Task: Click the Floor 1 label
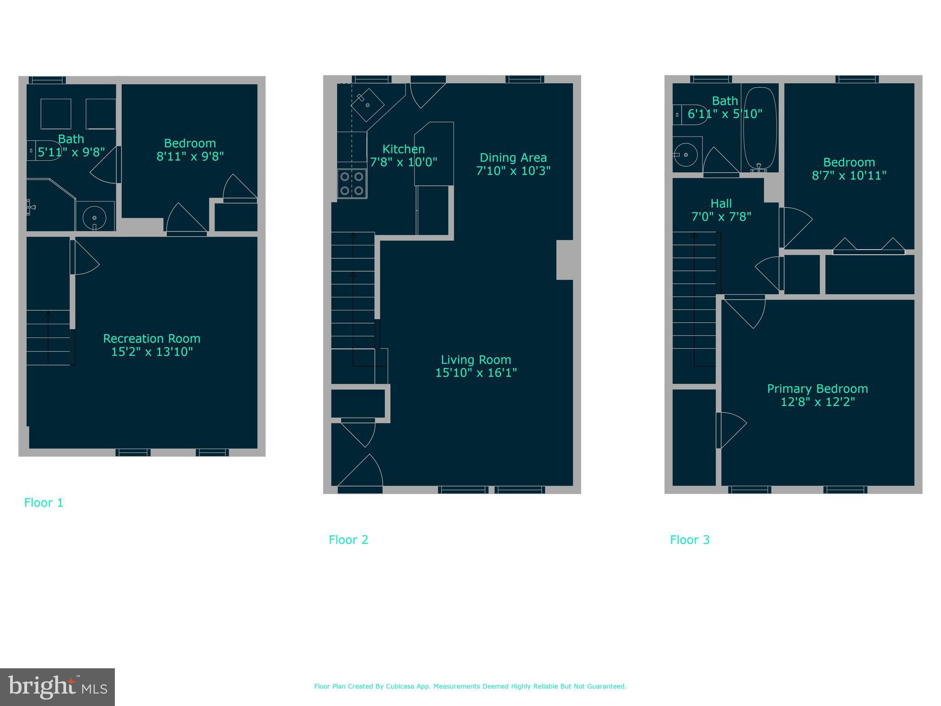tap(44, 502)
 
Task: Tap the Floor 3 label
tap(690, 540)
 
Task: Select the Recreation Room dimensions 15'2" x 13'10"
tap(152, 352)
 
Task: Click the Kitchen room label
tap(403, 149)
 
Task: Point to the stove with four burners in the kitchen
tap(352, 184)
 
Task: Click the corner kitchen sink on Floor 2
tap(368, 105)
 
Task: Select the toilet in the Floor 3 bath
tap(689, 114)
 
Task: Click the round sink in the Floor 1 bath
tap(94, 217)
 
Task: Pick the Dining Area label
tap(513, 158)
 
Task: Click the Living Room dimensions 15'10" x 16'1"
tap(476, 372)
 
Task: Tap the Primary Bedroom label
tap(817, 389)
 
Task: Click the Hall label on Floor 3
tap(721, 203)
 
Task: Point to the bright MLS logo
tap(57, 687)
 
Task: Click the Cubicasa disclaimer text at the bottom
tap(470, 686)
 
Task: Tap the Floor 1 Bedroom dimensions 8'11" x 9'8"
tap(190, 156)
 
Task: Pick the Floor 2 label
tap(348, 540)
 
